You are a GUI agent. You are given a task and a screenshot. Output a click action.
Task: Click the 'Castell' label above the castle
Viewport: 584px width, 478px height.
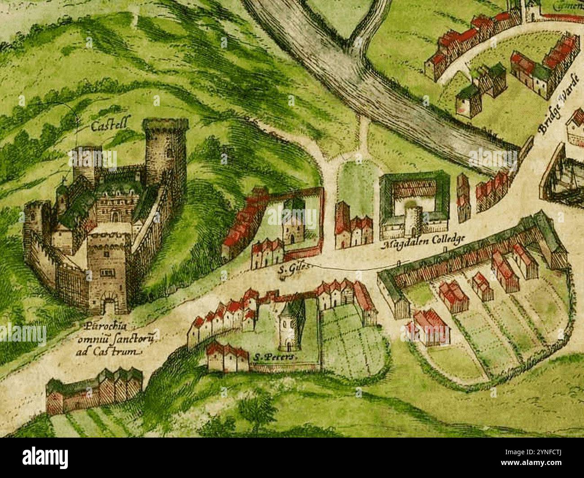click(x=108, y=127)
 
